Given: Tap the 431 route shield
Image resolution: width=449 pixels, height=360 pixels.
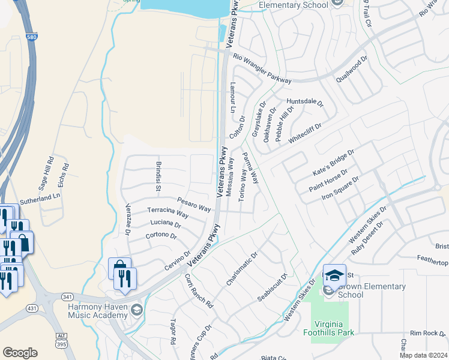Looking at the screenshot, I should [32, 308].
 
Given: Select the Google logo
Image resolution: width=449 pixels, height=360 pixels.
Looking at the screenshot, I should [20, 353].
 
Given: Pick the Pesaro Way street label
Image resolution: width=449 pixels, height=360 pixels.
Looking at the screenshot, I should [194, 205].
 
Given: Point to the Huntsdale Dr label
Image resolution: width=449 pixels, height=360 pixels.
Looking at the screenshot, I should [305, 102].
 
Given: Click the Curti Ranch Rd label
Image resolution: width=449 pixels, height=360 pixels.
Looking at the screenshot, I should [199, 291].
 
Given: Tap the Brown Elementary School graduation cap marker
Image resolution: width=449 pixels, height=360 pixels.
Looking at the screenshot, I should [334, 274].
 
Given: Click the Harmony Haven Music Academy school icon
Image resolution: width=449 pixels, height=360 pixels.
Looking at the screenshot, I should [136, 310].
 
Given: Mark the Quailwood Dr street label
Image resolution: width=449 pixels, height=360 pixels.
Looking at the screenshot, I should [352, 74].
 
